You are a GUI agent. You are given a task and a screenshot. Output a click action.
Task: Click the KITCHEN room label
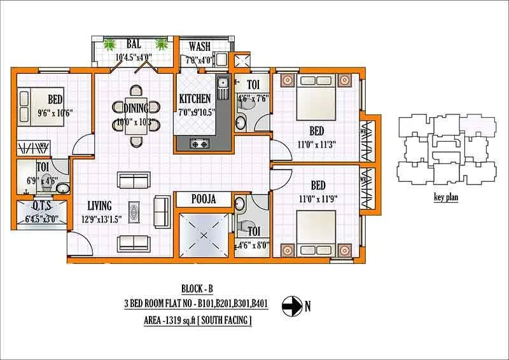(195, 99)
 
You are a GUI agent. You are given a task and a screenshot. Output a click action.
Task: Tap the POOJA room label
(203, 199)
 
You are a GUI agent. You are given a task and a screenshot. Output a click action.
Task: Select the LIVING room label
(100, 205)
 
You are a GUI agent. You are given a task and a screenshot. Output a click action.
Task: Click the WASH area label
(199, 46)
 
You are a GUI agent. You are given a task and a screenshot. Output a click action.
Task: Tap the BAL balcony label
(134, 45)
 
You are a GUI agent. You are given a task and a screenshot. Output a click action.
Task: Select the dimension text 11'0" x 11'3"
(316, 143)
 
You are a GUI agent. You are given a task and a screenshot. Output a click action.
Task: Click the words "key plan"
(446, 197)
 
